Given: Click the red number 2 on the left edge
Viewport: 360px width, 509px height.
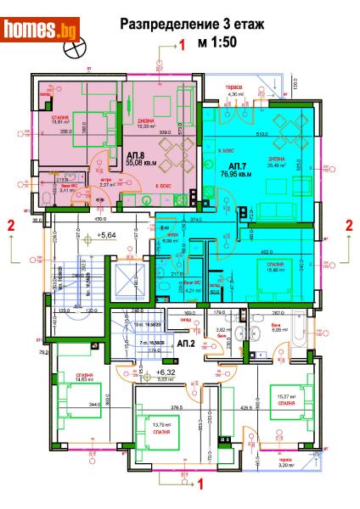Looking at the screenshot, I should click(10, 226).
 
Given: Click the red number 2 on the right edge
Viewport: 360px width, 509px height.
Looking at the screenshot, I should click(349, 225).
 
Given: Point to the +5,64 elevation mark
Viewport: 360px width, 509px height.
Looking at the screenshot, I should click(106, 234).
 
